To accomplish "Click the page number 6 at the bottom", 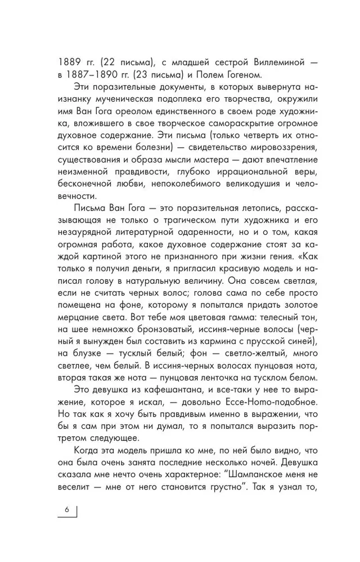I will [x=66, y=510].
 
